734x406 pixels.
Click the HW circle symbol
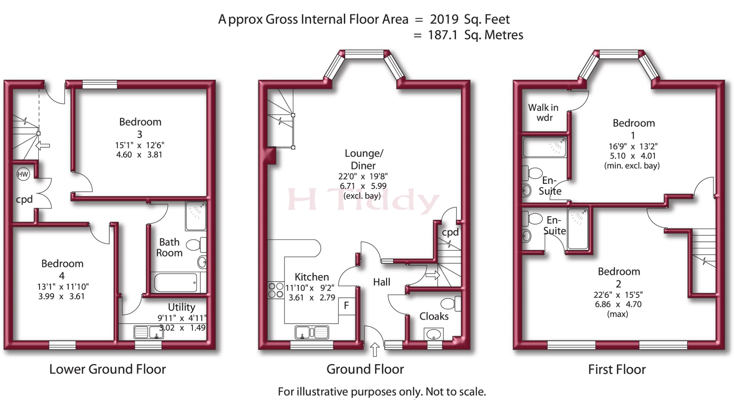[x=23, y=174]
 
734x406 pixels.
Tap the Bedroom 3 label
[x=140, y=128]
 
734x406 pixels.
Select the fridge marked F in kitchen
[x=347, y=306]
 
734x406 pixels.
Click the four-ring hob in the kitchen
[x=276, y=290]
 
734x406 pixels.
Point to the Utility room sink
[x=149, y=332]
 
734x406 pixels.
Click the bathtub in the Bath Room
[x=176, y=282]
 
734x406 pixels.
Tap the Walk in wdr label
[x=544, y=112]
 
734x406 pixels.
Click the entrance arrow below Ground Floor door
[x=375, y=350]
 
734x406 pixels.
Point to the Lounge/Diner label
[x=363, y=159]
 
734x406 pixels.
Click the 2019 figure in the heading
[x=444, y=19]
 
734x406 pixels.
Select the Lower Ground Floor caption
[x=108, y=369]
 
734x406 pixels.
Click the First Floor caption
[x=617, y=369]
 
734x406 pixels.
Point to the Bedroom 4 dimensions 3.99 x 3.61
[x=61, y=296]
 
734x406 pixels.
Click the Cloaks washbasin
[x=434, y=334]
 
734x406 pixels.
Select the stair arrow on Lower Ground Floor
[x=43, y=146]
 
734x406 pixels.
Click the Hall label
[x=382, y=282]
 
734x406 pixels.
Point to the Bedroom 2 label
[x=619, y=277]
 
